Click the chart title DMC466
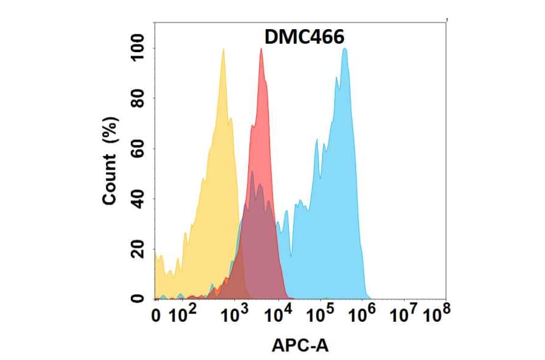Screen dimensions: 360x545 click(x=305, y=38)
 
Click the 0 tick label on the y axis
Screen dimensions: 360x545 click(x=139, y=298)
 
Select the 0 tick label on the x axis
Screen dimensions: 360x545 click(x=156, y=316)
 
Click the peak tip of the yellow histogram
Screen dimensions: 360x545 click(x=223, y=49)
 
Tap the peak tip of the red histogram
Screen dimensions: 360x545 click(x=261, y=49)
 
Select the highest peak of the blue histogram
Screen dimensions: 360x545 click(x=345, y=49)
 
